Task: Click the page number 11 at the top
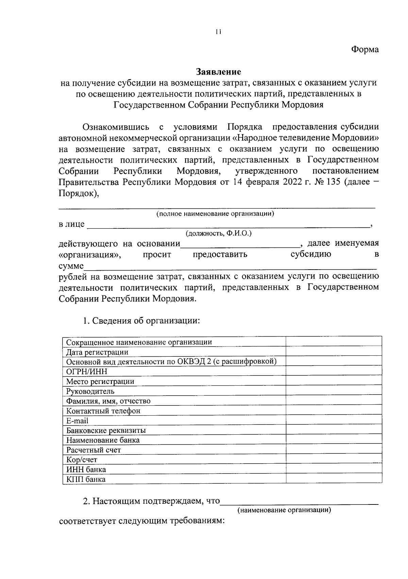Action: (218, 32)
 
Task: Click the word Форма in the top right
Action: (364, 49)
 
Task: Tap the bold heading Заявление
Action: (218, 72)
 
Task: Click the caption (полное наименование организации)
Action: (215, 214)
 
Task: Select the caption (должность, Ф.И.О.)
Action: (218, 234)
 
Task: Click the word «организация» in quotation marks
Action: (90, 255)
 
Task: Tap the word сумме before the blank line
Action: (71, 266)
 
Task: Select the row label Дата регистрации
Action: (97, 352)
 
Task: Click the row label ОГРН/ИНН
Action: (87, 371)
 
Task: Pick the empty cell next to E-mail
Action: (334, 421)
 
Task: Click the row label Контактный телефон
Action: (103, 411)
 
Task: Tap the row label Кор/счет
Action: (82, 460)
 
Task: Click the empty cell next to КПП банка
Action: (334, 479)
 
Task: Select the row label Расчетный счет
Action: (93, 450)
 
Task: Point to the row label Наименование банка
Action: (103, 440)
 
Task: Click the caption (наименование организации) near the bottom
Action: (284, 510)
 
